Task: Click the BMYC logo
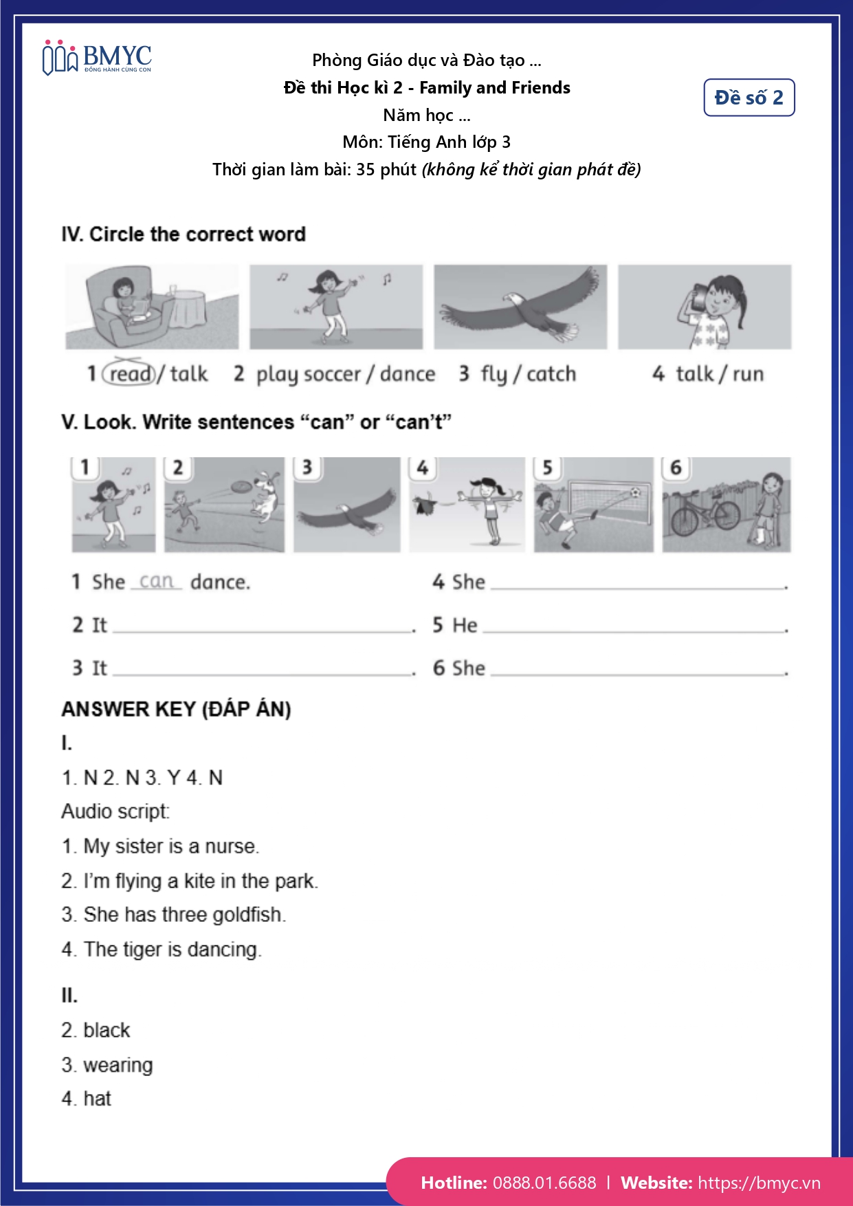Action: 97,58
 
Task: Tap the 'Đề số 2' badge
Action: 749,98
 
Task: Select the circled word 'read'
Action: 129,373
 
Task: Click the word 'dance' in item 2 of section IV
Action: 407,373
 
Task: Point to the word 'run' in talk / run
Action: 748,373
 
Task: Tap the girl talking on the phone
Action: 711,306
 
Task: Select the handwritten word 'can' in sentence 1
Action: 156,581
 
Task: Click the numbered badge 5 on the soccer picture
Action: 547,468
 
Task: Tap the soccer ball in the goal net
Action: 634,492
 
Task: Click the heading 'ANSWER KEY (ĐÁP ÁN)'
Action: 176,709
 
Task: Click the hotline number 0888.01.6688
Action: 544,1183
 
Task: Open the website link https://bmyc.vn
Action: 759,1183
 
